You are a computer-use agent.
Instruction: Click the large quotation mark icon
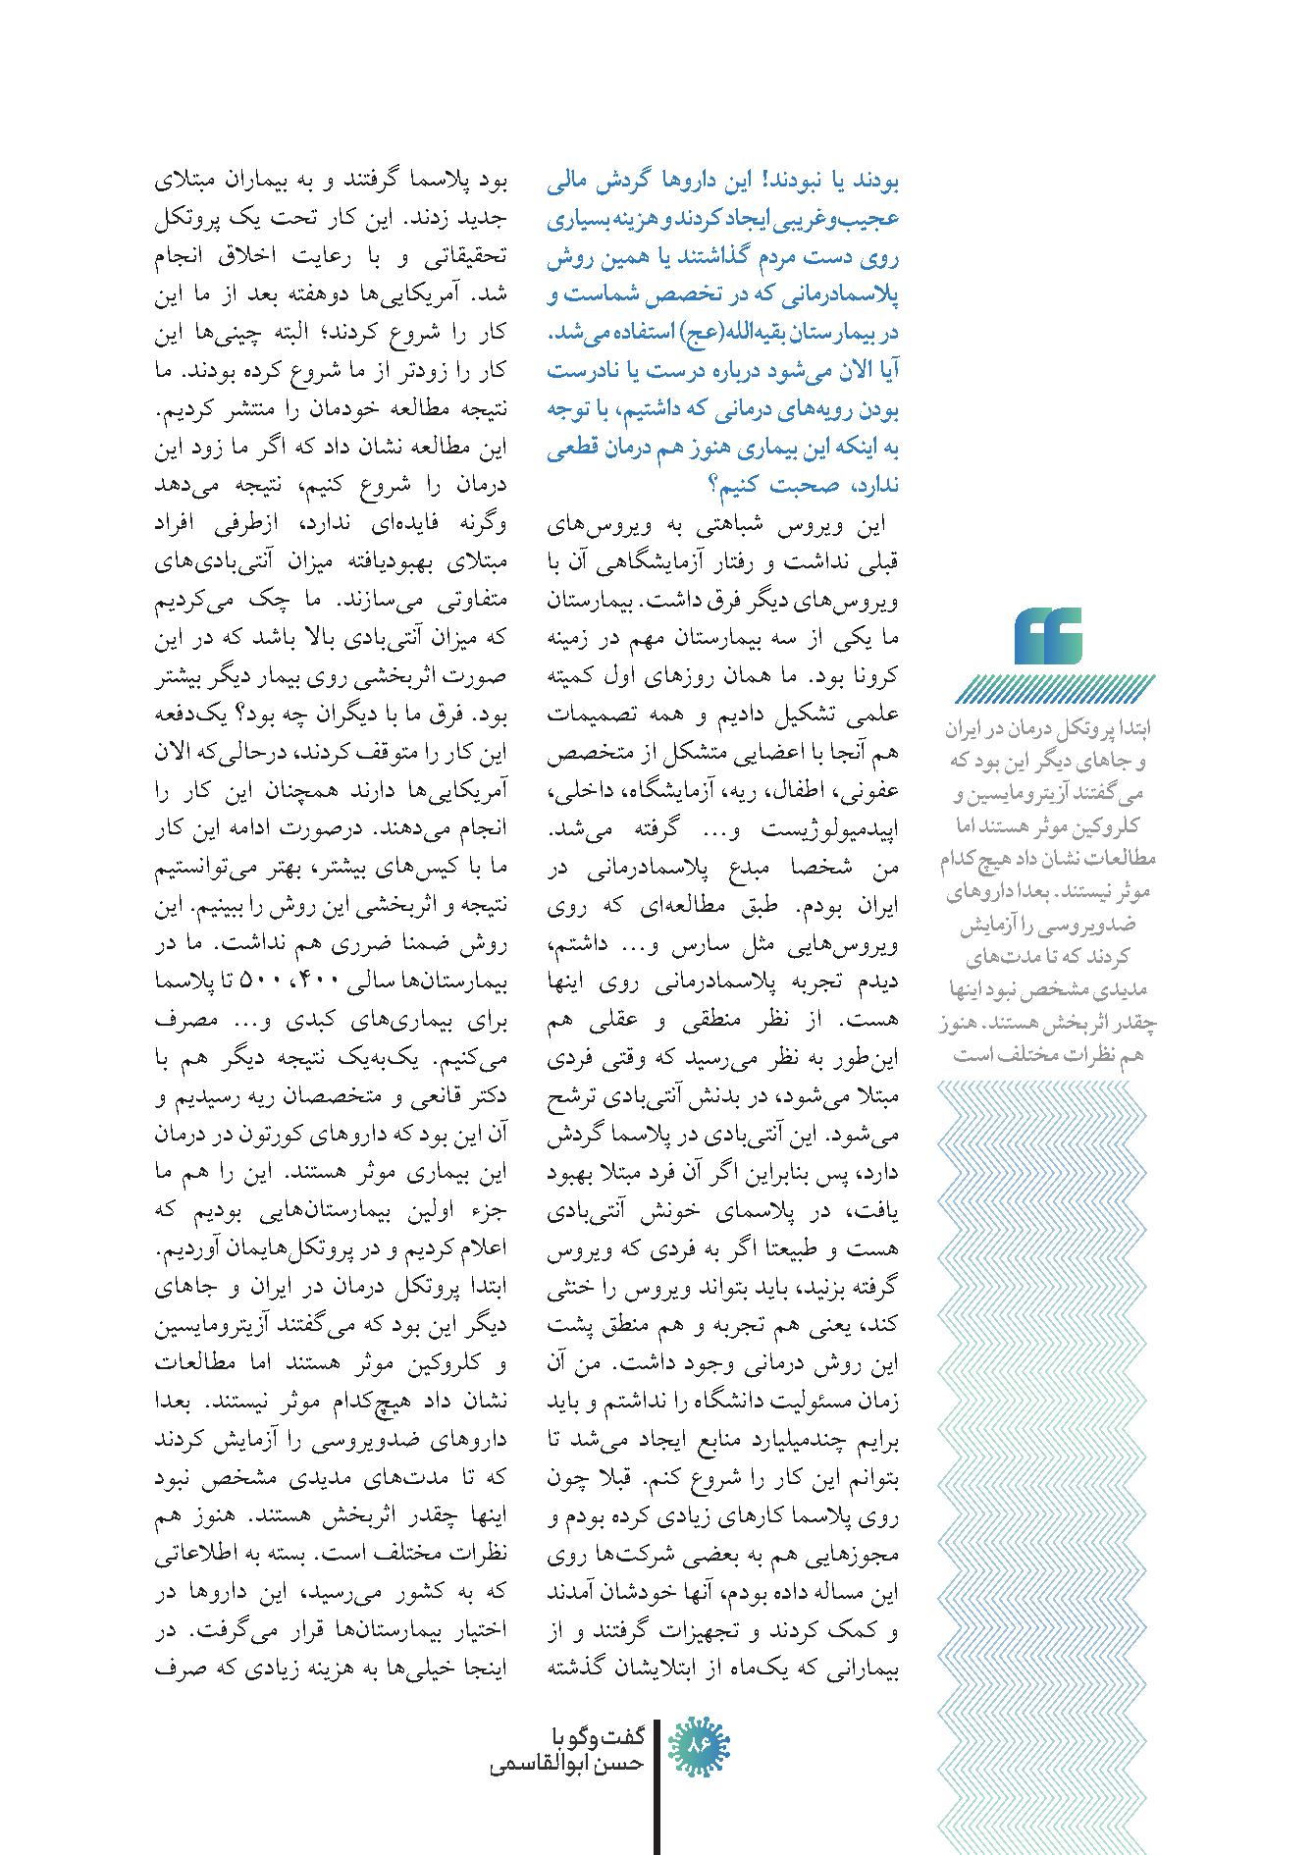[x=1049, y=637]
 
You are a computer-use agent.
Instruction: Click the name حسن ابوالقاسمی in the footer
[x=565, y=1764]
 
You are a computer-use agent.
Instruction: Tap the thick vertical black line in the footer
[x=654, y=1786]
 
